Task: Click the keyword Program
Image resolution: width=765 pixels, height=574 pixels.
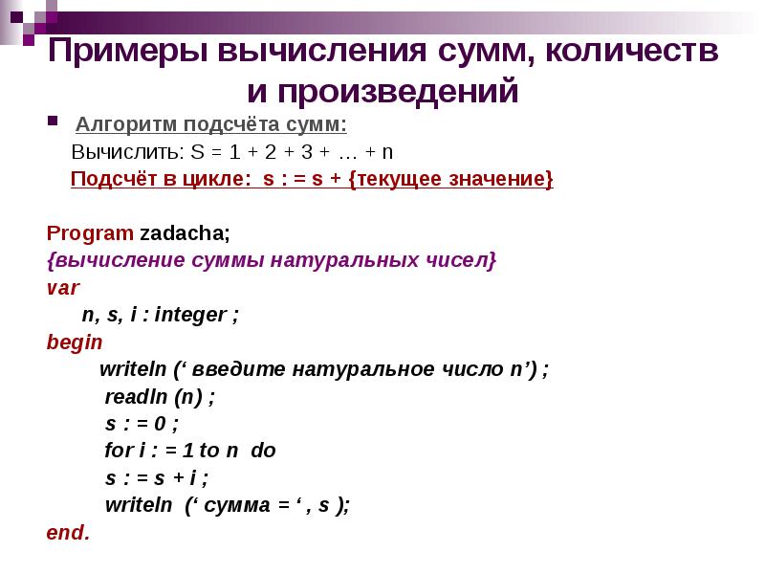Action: [90, 232]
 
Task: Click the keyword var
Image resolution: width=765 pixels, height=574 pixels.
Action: [63, 286]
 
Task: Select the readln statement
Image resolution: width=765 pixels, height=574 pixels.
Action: [159, 396]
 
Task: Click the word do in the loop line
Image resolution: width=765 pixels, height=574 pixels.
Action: [263, 450]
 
